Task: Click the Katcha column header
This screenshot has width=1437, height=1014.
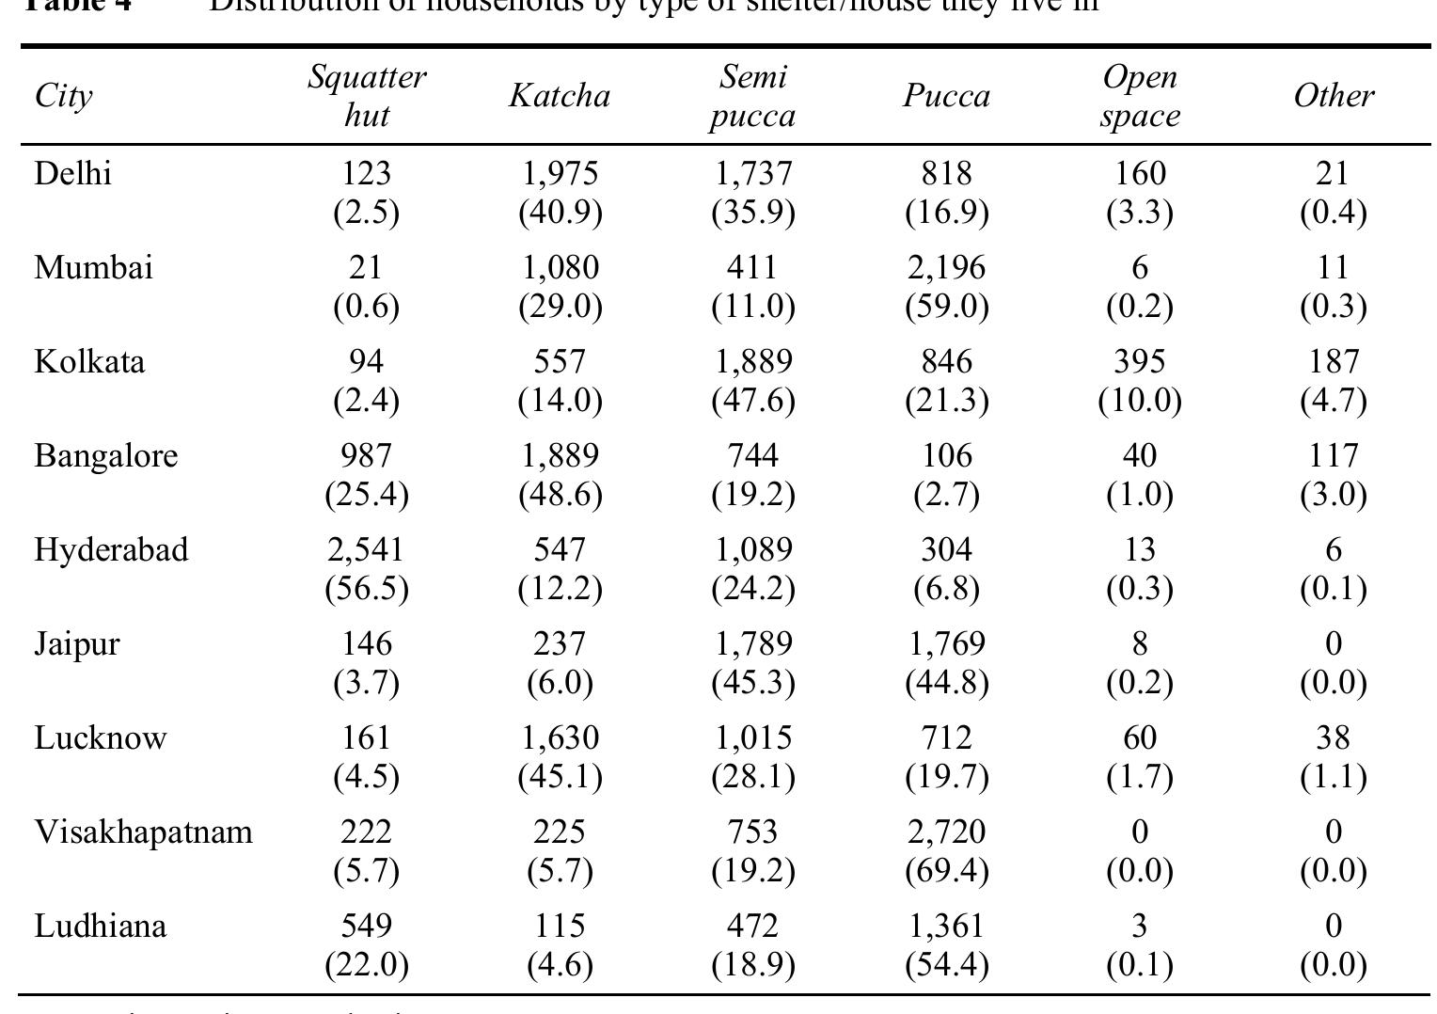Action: (x=560, y=96)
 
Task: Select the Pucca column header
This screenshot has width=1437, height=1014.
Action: (x=946, y=96)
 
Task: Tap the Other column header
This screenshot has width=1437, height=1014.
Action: (x=1333, y=96)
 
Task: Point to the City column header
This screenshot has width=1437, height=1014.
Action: (x=63, y=96)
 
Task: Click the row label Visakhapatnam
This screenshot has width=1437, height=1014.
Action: (x=143, y=832)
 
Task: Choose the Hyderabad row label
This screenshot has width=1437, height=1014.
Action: (x=111, y=549)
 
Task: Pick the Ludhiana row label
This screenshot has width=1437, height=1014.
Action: (x=101, y=927)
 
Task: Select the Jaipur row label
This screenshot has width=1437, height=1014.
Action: (x=77, y=644)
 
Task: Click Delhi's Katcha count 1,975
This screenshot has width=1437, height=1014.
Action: (x=560, y=174)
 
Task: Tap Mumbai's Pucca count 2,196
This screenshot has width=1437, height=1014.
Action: (x=946, y=268)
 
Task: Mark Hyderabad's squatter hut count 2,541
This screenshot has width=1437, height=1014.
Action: (x=366, y=549)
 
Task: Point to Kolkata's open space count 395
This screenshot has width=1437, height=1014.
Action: (x=1139, y=362)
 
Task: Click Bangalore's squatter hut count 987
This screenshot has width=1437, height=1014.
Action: (x=366, y=456)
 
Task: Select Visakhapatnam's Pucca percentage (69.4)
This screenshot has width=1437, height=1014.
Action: (x=946, y=871)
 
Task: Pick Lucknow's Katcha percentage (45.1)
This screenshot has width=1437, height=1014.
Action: (x=560, y=777)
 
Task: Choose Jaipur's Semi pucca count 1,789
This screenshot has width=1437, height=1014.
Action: (x=752, y=644)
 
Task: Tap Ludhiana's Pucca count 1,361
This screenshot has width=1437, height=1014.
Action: (x=946, y=927)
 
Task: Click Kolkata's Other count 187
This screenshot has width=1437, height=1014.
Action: (x=1333, y=362)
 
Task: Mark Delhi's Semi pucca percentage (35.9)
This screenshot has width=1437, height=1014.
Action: (x=752, y=213)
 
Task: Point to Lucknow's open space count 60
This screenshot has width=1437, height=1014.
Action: (x=1139, y=738)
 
